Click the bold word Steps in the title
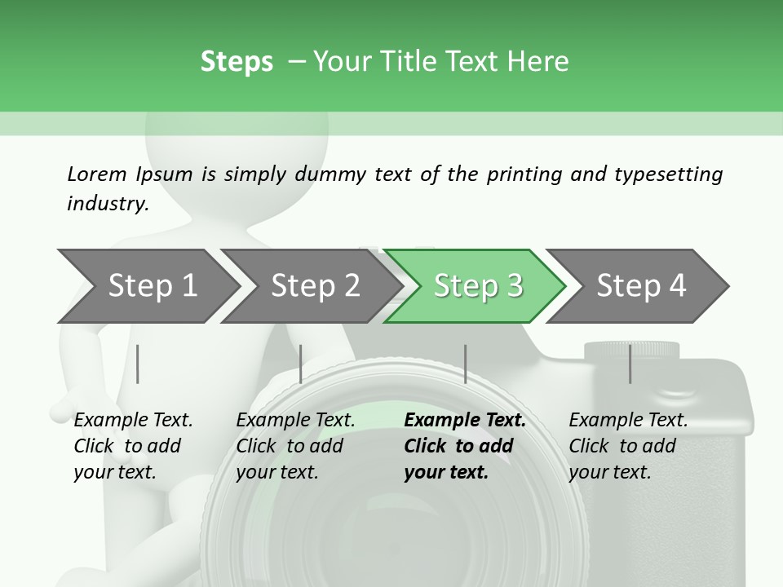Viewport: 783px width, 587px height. coord(237,62)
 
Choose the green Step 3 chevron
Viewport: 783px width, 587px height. coord(477,285)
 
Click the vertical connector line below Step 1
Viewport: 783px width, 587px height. coord(138,364)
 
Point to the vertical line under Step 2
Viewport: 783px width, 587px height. coord(301,364)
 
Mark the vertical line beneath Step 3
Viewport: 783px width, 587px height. coord(465,364)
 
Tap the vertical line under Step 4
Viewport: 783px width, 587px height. coord(630,364)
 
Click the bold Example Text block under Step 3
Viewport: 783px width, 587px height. coord(464,446)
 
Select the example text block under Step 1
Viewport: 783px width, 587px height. coord(133,446)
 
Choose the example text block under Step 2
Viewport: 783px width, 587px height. coord(295,446)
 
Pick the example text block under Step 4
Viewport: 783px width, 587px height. coord(628,446)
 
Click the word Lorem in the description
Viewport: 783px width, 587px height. coord(97,174)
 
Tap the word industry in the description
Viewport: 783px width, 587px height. coord(108,204)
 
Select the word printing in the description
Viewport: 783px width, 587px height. coord(524,174)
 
